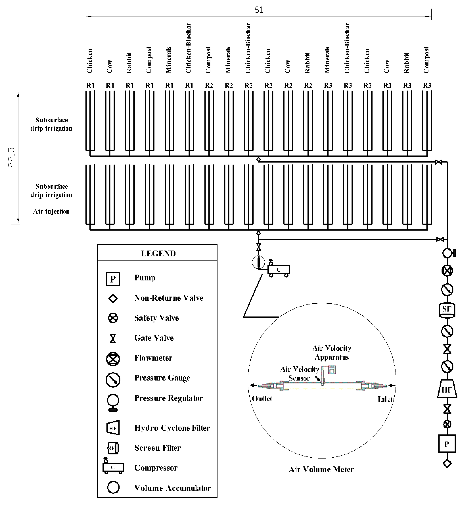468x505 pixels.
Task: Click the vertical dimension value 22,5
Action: tap(11, 157)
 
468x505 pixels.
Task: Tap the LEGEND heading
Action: tap(158, 253)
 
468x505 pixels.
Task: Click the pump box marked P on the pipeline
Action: tap(447, 444)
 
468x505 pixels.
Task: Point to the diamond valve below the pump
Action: tap(447, 464)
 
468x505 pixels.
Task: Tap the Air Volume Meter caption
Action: tap(321, 470)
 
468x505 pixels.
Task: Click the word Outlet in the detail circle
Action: tap(262, 399)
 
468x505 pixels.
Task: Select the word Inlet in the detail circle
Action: tap(385, 399)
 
